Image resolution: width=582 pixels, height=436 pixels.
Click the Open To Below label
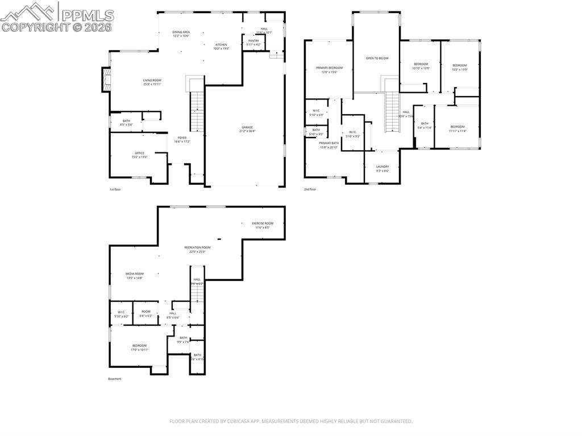[x=377, y=58]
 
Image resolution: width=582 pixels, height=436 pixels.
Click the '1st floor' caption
[x=115, y=189]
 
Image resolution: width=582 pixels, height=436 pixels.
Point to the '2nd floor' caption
[x=310, y=189]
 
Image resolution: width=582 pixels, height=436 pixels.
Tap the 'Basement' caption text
[x=115, y=379]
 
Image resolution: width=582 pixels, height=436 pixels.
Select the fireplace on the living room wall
[x=105, y=80]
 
